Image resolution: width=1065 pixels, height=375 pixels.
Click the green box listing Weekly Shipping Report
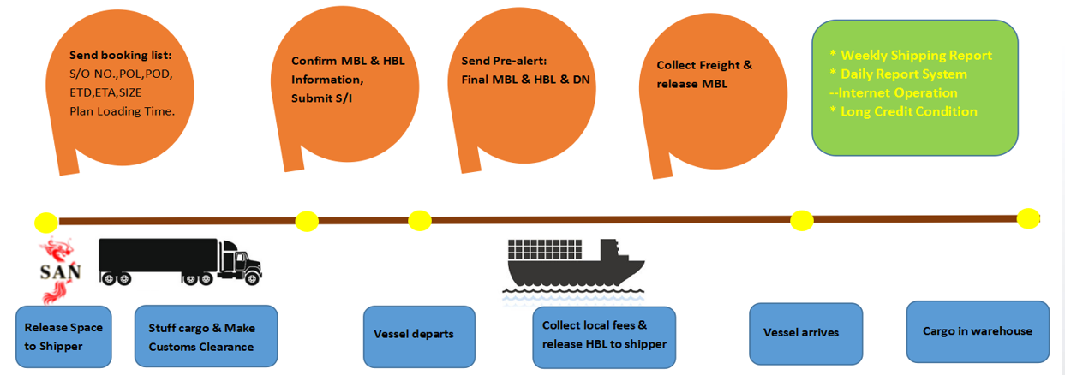[914, 88]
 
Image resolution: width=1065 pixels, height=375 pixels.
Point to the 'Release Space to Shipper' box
[63, 336]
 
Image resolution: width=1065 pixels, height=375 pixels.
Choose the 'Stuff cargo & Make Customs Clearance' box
[206, 336]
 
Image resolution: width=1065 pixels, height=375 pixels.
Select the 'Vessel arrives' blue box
[805, 333]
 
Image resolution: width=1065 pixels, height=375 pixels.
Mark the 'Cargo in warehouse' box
[978, 331]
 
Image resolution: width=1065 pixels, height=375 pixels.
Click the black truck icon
[180, 260]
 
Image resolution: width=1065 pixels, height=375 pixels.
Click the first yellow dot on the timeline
[46, 223]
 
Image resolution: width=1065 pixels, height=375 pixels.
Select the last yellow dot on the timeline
[1028, 218]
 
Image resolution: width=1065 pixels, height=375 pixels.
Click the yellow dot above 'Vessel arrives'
[801, 220]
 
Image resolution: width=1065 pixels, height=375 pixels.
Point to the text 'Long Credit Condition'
[908, 111]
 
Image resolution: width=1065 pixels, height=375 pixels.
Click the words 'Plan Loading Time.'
[122, 110]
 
